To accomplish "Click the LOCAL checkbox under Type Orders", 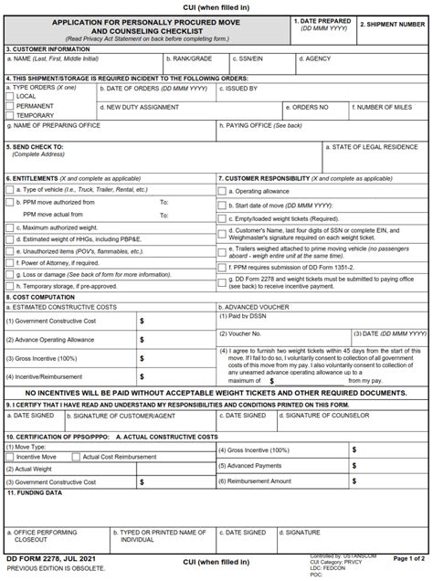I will [10, 96].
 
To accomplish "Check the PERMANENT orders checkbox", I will [10, 106].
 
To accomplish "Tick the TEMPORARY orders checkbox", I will [10, 116].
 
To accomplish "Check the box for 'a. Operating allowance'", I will [222, 191].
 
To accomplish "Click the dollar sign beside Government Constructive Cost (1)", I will [142, 321].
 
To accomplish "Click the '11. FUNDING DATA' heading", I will [35, 491].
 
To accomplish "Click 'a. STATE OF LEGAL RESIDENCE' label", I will [375, 145].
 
